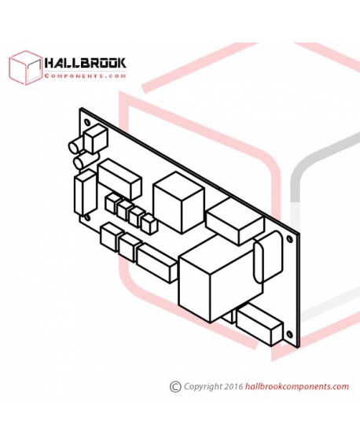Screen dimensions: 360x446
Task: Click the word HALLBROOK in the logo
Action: pos(85,63)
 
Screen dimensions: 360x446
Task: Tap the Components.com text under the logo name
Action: pos(85,76)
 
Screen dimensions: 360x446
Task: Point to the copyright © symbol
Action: pos(175,387)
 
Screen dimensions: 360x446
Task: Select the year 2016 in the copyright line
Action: pos(233,386)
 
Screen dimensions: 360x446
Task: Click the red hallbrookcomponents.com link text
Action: pos(297,387)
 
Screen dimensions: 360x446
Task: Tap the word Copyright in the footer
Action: pos(203,387)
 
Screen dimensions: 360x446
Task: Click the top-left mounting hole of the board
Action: pos(87,122)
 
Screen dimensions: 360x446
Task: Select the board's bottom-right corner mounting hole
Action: pos(290,335)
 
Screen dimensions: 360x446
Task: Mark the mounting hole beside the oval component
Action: pos(290,239)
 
